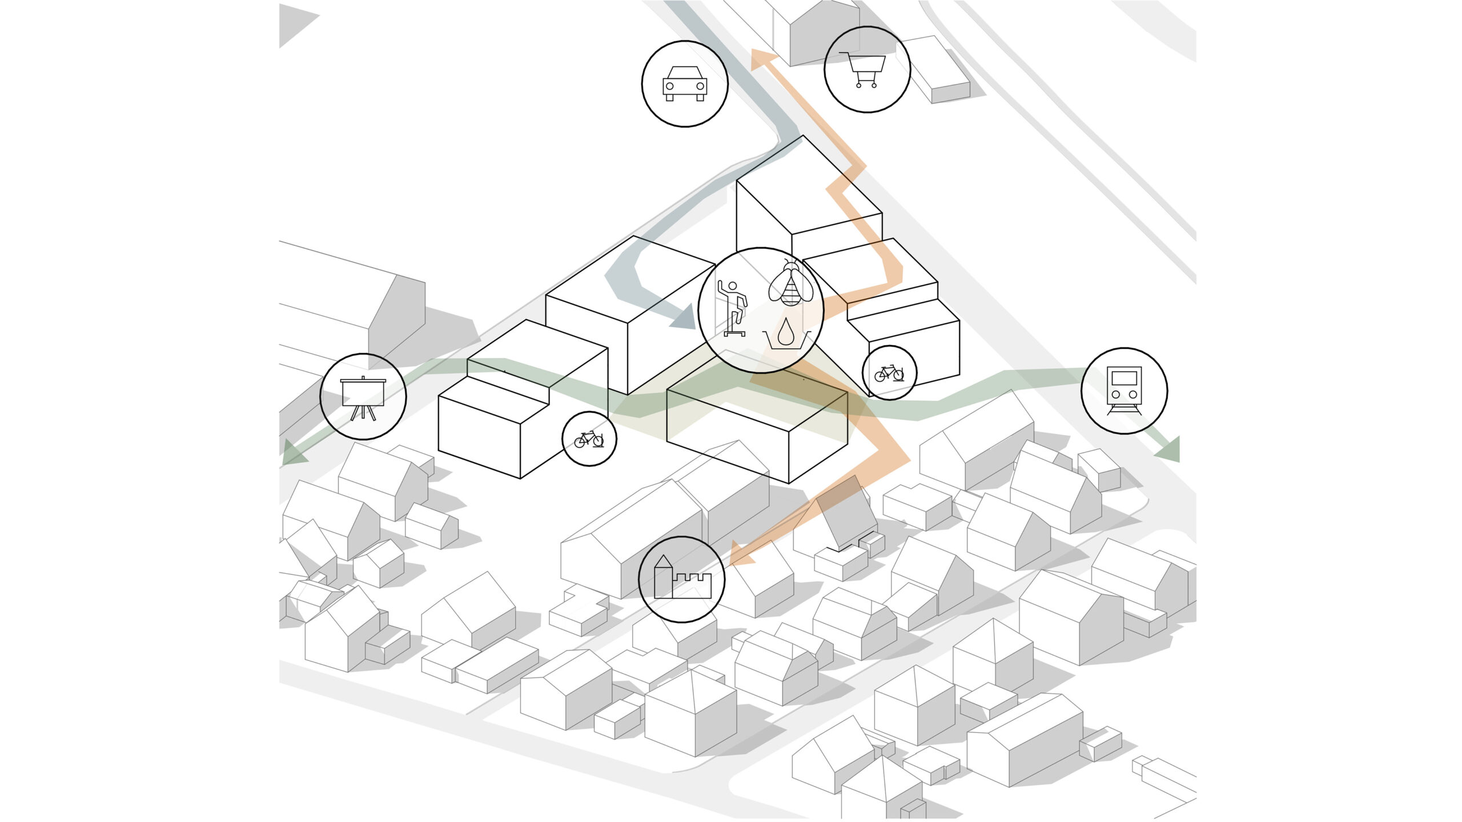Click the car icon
tap(684, 84)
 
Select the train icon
tap(1124, 390)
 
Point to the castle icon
tap(681, 578)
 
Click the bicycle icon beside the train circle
tap(889, 373)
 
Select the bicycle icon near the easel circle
tap(589, 439)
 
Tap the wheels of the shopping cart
tap(866, 85)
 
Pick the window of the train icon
tap(1124, 378)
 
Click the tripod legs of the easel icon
tap(363, 413)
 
